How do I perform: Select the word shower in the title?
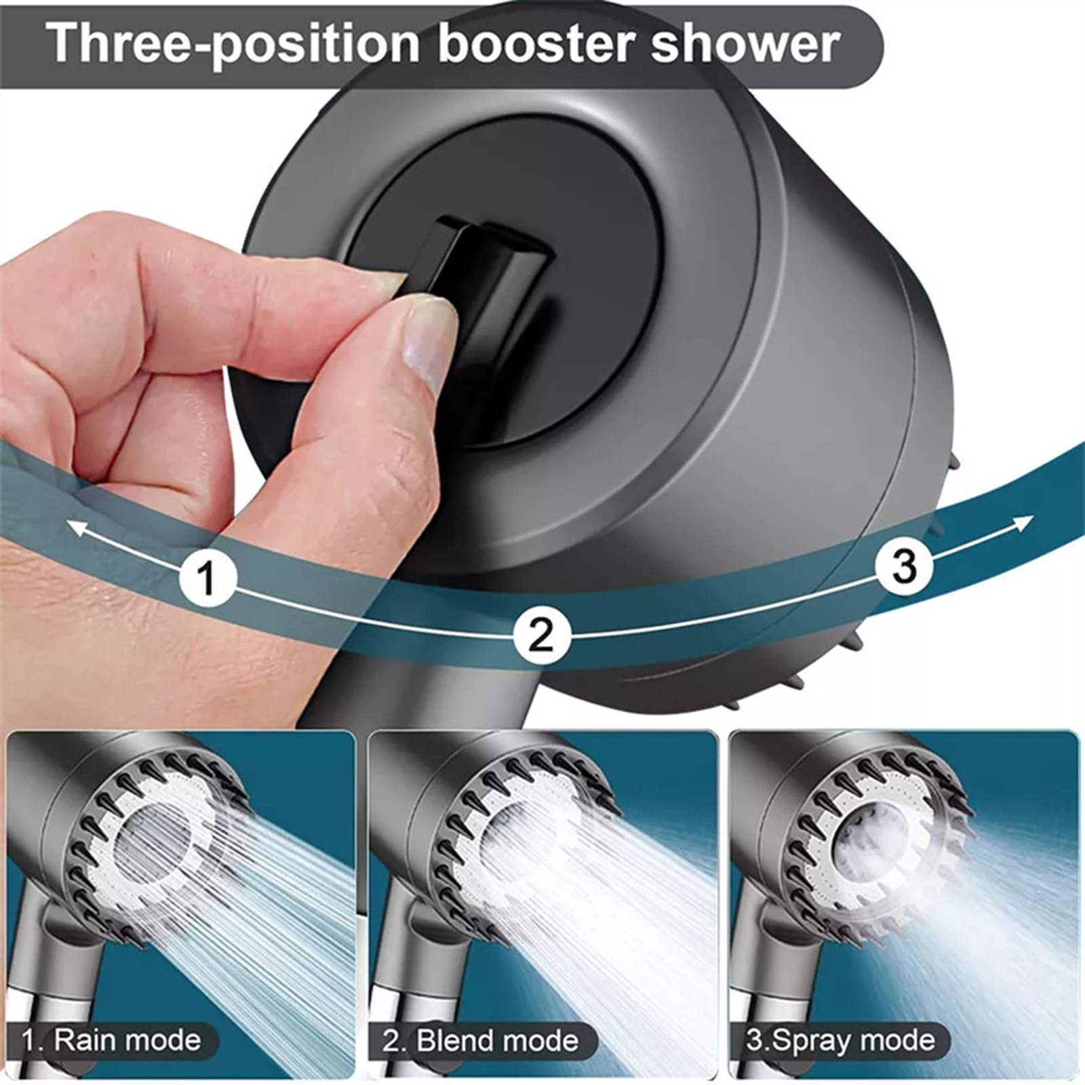(x=745, y=43)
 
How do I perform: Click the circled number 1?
(x=208, y=578)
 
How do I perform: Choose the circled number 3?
(x=903, y=565)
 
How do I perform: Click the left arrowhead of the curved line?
(x=78, y=527)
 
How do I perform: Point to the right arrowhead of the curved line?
(x=1023, y=524)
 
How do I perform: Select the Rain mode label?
(x=112, y=1040)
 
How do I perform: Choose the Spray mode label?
(x=840, y=1040)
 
